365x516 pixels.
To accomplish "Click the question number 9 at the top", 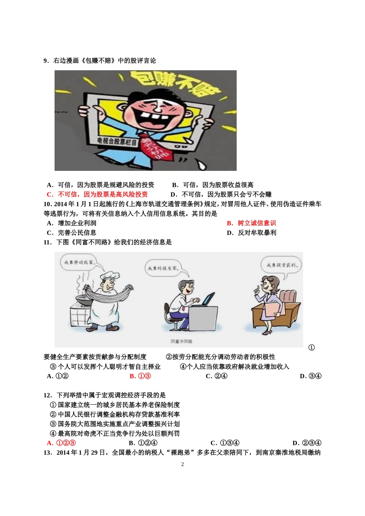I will (46, 61).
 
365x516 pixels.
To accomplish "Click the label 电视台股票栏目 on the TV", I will (117, 141).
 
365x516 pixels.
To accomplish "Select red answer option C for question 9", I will (97, 194).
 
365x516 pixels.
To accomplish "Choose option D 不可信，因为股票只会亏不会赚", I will (221, 194).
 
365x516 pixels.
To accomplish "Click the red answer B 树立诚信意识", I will (251, 223).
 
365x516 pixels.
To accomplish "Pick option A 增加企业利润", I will (71, 223).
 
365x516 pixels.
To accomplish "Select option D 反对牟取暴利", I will (251, 233).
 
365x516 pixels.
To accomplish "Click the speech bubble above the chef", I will (79, 263).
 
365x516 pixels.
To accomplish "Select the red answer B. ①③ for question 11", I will (140, 376).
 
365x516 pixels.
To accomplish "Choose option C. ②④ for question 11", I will (217, 376).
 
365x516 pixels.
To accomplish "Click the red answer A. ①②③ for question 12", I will (61, 443).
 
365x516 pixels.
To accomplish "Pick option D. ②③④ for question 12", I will (307, 443).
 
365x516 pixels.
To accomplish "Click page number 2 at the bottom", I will (182, 464).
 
